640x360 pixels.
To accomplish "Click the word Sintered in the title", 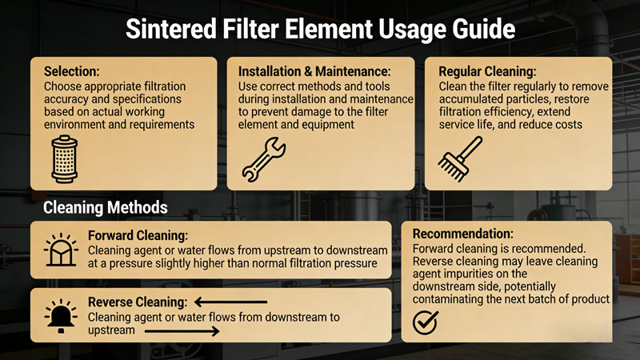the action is tap(171, 30).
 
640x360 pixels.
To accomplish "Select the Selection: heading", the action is tap(71, 71).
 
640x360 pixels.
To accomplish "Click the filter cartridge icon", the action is tap(65, 159).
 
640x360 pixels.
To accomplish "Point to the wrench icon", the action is tap(264, 159).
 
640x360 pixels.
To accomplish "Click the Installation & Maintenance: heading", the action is tap(314, 71).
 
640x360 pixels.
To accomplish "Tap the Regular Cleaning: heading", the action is tap(487, 71).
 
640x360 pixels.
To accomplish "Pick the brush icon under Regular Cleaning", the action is tap(460, 159).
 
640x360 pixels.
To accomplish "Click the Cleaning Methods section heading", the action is tap(106, 207).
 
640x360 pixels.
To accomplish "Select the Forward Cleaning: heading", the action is tap(138, 235).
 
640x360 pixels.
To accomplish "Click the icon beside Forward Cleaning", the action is tap(62, 250).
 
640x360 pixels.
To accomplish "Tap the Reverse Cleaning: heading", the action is tap(138, 302).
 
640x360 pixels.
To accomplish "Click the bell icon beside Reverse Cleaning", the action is tap(62, 316).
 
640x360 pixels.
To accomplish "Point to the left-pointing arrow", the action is tap(230, 302).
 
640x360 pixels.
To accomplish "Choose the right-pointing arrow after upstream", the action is tap(182, 331).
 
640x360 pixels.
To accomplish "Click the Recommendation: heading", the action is tap(463, 234).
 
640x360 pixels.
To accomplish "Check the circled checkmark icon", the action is tap(426, 322).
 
